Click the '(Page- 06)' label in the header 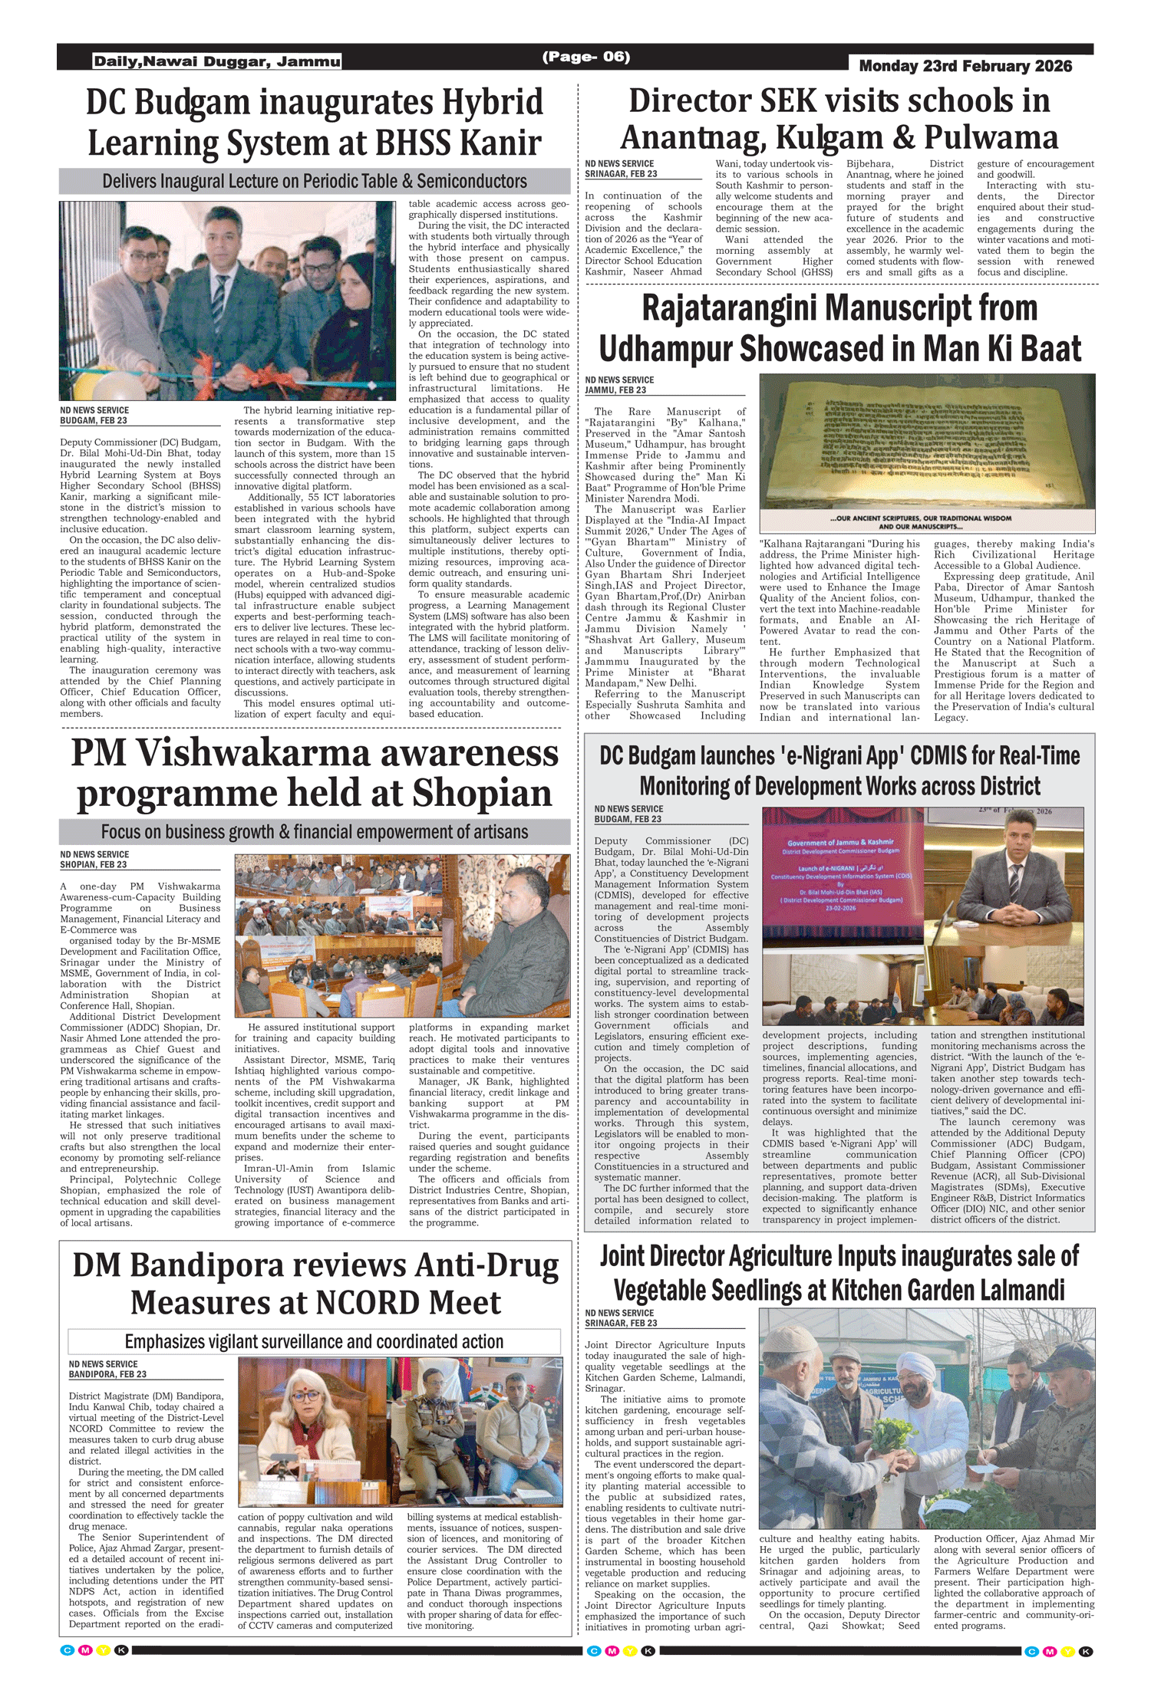[x=586, y=57]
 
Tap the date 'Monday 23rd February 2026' [x=965, y=66]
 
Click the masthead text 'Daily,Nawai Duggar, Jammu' [x=217, y=61]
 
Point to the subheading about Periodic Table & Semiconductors [x=315, y=182]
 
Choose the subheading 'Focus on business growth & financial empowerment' [x=315, y=832]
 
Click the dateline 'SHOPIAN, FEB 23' [x=94, y=864]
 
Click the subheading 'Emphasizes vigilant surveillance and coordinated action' [x=315, y=1341]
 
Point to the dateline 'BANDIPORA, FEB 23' [x=107, y=1374]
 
